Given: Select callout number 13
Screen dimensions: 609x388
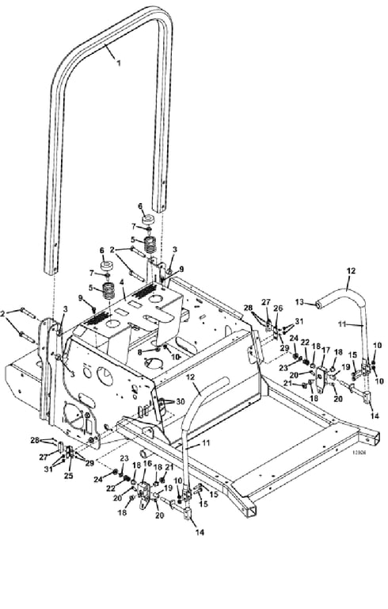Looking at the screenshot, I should point(299,303).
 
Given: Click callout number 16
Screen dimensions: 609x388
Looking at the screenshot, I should point(146,464).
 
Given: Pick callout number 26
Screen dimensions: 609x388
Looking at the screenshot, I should point(278,308).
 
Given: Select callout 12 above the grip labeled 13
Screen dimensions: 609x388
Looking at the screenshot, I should point(348,271).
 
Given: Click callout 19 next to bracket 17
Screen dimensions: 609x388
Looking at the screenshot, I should point(344,368).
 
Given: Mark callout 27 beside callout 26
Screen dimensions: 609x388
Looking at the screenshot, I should point(267,301).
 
